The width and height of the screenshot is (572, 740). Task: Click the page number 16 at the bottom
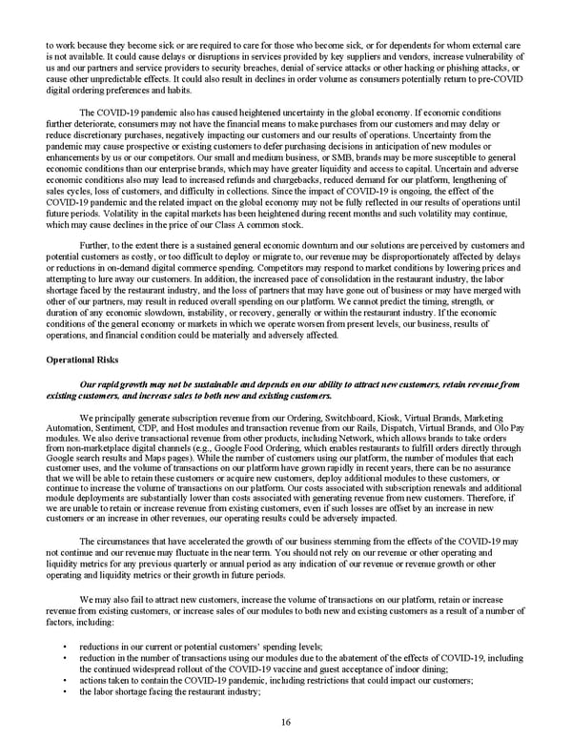[x=286, y=722]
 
